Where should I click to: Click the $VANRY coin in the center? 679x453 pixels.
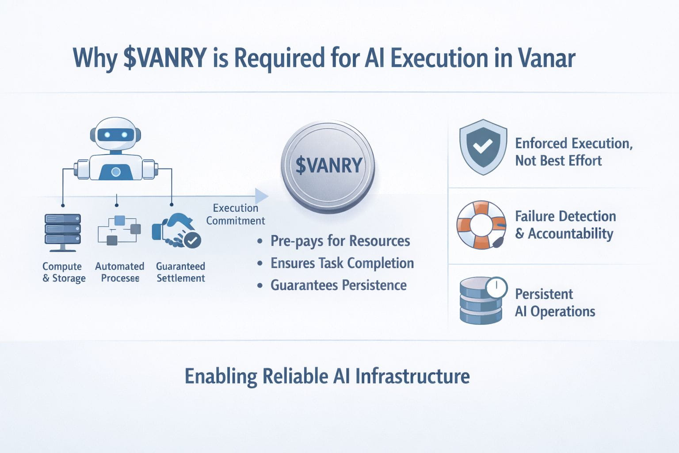pyautogui.click(x=328, y=167)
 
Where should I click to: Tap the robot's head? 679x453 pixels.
pyautogui.click(x=115, y=134)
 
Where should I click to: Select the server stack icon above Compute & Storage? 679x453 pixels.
pyautogui.click(x=63, y=233)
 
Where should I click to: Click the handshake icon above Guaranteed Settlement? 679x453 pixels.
pyautogui.click(x=176, y=230)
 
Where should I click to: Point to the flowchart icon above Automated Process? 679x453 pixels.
pyautogui.click(x=119, y=230)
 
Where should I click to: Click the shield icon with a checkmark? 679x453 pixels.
pyautogui.click(x=483, y=147)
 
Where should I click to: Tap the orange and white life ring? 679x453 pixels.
pyautogui.click(x=481, y=225)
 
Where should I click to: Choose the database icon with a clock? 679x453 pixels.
pyautogui.click(x=483, y=300)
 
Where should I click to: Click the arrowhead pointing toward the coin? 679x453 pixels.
pyautogui.click(x=261, y=196)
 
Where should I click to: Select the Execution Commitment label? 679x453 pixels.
pyautogui.click(x=236, y=214)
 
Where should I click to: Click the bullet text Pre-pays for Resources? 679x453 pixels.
pyautogui.click(x=340, y=241)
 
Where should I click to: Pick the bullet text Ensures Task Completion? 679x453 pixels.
pyautogui.click(x=342, y=263)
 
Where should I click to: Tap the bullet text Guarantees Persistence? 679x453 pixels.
pyautogui.click(x=339, y=285)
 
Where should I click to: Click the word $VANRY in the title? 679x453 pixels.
pyautogui.click(x=165, y=58)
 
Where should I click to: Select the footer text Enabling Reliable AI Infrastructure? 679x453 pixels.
pyautogui.click(x=327, y=376)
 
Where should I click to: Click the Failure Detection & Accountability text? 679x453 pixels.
pyautogui.click(x=566, y=225)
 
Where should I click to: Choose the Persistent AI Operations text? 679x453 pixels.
pyautogui.click(x=555, y=303)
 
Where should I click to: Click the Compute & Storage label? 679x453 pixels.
pyautogui.click(x=64, y=272)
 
